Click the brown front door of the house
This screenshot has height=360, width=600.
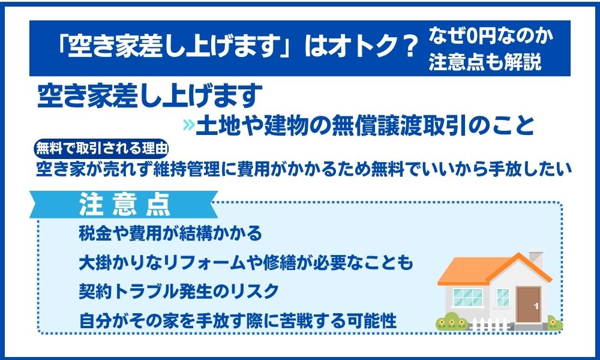click(x=528, y=304)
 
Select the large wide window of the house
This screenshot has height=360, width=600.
click(x=467, y=298)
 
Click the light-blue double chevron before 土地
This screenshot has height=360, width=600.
click(x=189, y=124)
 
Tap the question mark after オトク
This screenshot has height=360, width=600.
click(x=407, y=47)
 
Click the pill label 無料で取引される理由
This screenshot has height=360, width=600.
click(x=101, y=148)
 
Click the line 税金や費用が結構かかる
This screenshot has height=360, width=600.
click(x=170, y=233)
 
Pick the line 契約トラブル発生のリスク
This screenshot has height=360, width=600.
click(x=179, y=292)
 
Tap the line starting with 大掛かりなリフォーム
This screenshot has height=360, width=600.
click(x=245, y=262)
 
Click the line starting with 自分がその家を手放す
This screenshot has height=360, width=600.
click(x=238, y=320)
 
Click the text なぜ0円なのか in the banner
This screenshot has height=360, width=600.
click(x=491, y=36)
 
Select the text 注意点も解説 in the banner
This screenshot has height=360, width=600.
click(x=485, y=62)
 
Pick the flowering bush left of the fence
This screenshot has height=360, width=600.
click(x=452, y=322)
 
